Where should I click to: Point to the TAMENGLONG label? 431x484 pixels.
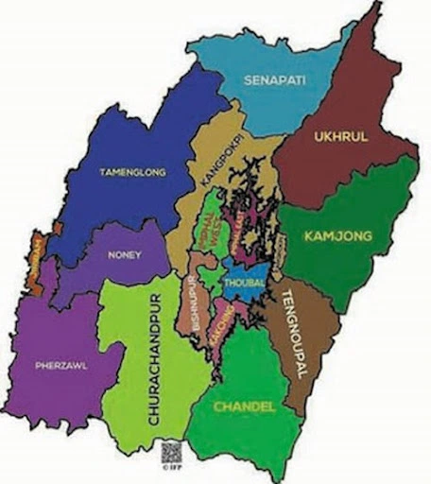click(x=133, y=172)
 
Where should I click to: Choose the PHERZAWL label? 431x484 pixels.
click(x=61, y=366)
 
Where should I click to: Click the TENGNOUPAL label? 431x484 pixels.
click(x=290, y=336)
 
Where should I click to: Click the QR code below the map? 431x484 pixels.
click(x=169, y=451)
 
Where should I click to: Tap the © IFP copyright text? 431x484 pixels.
click(x=169, y=467)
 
